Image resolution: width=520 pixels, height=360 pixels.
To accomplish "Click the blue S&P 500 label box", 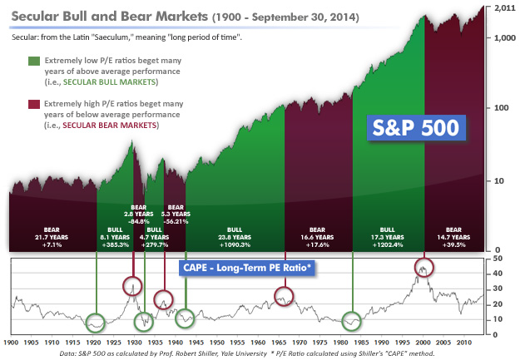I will point(415,130).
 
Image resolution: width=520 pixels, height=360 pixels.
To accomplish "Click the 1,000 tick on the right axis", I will point(503,38).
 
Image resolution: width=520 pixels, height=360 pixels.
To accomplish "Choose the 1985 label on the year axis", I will point(354,342).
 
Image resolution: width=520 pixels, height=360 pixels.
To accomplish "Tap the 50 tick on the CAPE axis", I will point(497,259).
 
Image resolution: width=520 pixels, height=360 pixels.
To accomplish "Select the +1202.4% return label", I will point(387,245).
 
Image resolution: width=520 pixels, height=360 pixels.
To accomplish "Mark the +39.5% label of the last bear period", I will point(453,245).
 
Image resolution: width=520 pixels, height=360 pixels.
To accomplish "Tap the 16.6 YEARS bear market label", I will point(317,237).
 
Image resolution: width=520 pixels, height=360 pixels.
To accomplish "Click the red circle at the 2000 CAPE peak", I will point(424,268).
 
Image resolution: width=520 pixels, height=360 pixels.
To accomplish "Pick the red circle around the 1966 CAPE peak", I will point(285,295).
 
